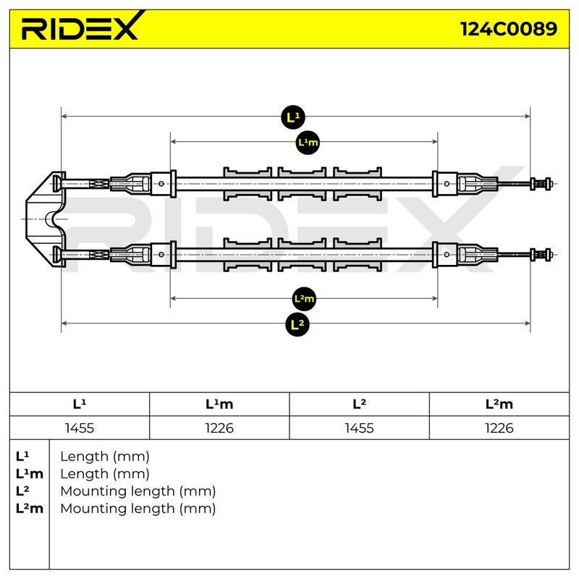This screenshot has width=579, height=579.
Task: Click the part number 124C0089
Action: pyautogui.click(x=509, y=29)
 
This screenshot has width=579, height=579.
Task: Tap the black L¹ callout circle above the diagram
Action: pyautogui.click(x=293, y=117)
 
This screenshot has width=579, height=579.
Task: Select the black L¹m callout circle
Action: pyautogui.click(x=308, y=142)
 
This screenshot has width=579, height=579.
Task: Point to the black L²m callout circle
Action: pyautogui.click(x=304, y=299)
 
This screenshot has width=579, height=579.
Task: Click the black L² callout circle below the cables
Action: pyautogui.click(x=297, y=324)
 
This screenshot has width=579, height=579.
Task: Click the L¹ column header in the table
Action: pyautogui.click(x=80, y=404)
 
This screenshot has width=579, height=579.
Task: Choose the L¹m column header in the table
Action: pyautogui.click(x=219, y=404)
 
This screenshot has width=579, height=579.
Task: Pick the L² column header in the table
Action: pyautogui.click(x=359, y=404)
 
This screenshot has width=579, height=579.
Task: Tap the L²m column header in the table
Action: pyautogui.click(x=499, y=404)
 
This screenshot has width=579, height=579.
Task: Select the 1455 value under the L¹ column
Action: pyautogui.click(x=80, y=428)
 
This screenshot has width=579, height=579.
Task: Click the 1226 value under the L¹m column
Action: pyautogui.click(x=219, y=428)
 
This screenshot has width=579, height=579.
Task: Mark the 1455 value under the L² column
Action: pyautogui.click(x=359, y=428)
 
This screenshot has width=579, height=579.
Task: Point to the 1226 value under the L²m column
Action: pyautogui.click(x=499, y=428)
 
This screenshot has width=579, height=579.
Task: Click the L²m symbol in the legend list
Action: pyautogui.click(x=30, y=509)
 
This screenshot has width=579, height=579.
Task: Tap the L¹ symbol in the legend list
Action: pyautogui.click(x=22, y=457)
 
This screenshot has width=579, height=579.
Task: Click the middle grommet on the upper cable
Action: pyautogui.click(x=302, y=184)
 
